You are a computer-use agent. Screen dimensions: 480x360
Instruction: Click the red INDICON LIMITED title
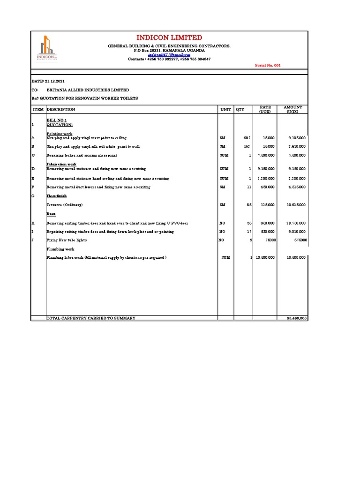pyautogui.click(x=169, y=37)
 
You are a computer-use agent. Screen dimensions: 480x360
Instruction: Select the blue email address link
pyautogui.click(x=169, y=55)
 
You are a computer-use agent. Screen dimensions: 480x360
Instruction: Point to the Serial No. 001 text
pyautogui.click(x=268, y=66)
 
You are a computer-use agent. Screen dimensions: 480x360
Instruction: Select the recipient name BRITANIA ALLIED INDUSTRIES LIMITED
pyautogui.click(x=88, y=90)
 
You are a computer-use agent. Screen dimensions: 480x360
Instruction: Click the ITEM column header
pyautogui.click(x=38, y=109)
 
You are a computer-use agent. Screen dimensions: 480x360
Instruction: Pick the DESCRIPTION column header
pyautogui.click(x=60, y=109)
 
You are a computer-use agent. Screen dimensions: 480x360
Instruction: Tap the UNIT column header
pyautogui.click(x=225, y=109)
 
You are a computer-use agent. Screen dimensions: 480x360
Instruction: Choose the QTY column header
pyautogui.click(x=240, y=109)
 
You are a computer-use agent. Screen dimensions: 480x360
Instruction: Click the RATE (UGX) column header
pyautogui.click(x=265, y=109)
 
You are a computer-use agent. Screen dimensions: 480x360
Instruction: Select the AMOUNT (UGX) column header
pyautogui.click(x=293, y=109)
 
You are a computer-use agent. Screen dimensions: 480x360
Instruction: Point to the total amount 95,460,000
pyautogui.click(x=297, y=318)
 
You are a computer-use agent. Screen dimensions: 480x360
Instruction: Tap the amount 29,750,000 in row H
pyautogui.click(x=296, y=223)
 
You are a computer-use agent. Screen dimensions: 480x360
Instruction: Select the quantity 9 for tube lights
pyautogui.click(x=251, y=240)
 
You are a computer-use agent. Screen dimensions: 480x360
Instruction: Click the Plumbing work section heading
pyautogui.click(x=60, y=249)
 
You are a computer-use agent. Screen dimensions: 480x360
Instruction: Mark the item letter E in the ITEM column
pyautogui.click(x=33, y=179)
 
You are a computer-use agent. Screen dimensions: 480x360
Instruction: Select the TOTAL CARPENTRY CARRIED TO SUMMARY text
pyautogui.click(x=91, y=318)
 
